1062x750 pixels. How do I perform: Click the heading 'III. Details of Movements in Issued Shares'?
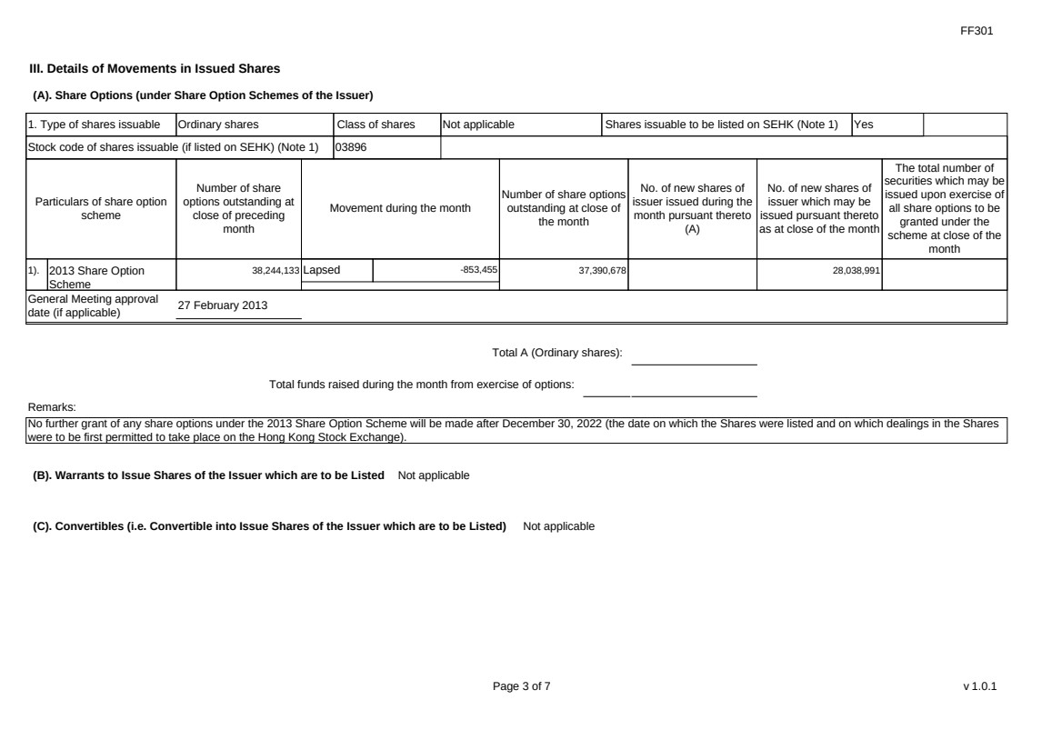coord(155,68)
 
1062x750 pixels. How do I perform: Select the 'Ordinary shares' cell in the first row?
coord(218,125)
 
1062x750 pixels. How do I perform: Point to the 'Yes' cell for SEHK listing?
coord(863,125)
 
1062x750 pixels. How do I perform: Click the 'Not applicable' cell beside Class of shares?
coord(478,125)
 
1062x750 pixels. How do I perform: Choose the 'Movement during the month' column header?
coord(400,208)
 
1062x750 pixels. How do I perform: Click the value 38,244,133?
coord(276,270)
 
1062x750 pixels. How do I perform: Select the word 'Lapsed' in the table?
coord(322,270)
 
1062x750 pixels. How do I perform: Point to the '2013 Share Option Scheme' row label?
coord(95,276)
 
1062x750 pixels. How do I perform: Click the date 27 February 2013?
coord(223,305)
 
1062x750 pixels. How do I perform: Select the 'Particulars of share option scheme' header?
coord(101,208)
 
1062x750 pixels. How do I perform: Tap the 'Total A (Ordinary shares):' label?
coord(556,353)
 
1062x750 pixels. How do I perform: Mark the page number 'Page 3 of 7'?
coord(521,686)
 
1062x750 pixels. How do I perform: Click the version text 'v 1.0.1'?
coord(980,686)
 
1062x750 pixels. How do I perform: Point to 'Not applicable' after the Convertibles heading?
coord(559,526)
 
